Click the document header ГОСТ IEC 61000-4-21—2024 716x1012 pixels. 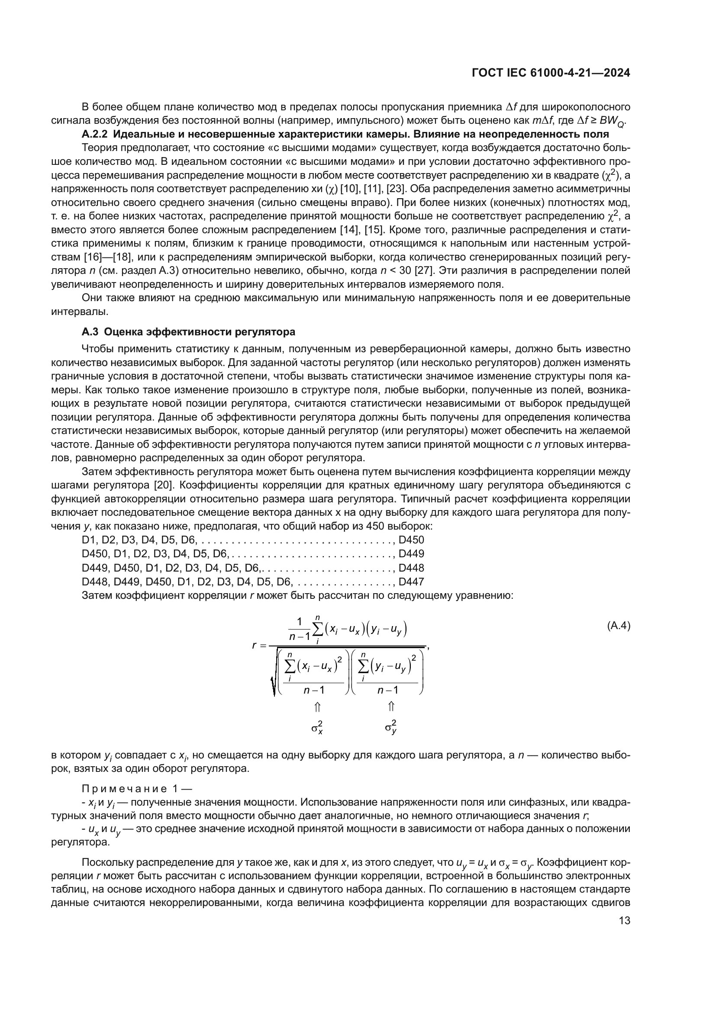click(551, 73)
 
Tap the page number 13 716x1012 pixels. click(624, 920)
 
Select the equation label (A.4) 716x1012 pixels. click(619, 626)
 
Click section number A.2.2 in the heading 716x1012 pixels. click(93, 134)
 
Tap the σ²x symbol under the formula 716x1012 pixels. click(317, 727)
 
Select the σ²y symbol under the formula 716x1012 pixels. click(390, 727)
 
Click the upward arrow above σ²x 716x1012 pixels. click(317, 707)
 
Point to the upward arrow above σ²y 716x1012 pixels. click(391, 707)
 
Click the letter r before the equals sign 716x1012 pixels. click(255, 646)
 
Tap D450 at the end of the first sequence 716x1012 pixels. click(411, 540)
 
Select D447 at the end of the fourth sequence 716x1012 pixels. click(411, 582)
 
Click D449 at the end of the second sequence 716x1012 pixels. click(411, 554)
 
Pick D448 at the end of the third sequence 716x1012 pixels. click(411, 568)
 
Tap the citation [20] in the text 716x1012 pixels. click(164, 486)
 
